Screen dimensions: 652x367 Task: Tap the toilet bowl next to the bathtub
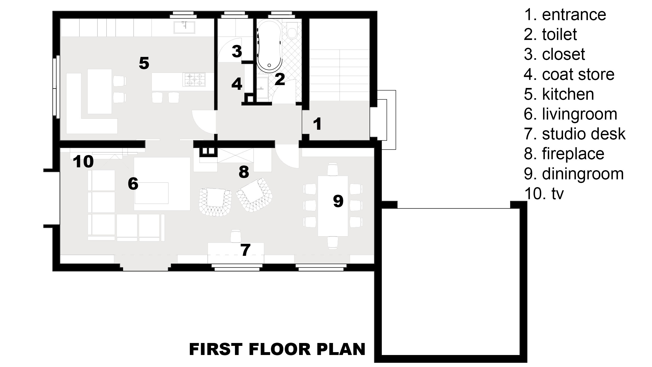coord(292,30)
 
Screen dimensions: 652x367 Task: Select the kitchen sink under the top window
coord(184,27)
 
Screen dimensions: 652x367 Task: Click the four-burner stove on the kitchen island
coord(195,79)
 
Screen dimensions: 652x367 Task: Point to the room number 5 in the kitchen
coord(144,63)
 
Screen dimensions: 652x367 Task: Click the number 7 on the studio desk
coord(245,250)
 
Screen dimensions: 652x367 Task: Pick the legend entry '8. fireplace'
coord(564,154)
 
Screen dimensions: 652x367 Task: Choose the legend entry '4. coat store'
coord(569,74)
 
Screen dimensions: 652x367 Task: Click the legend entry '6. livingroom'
coord(571,114)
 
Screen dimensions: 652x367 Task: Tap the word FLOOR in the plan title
coord(280,349)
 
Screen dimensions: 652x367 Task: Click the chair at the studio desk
coord(236,236)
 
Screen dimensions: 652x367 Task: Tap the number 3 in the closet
coord(237,51)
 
